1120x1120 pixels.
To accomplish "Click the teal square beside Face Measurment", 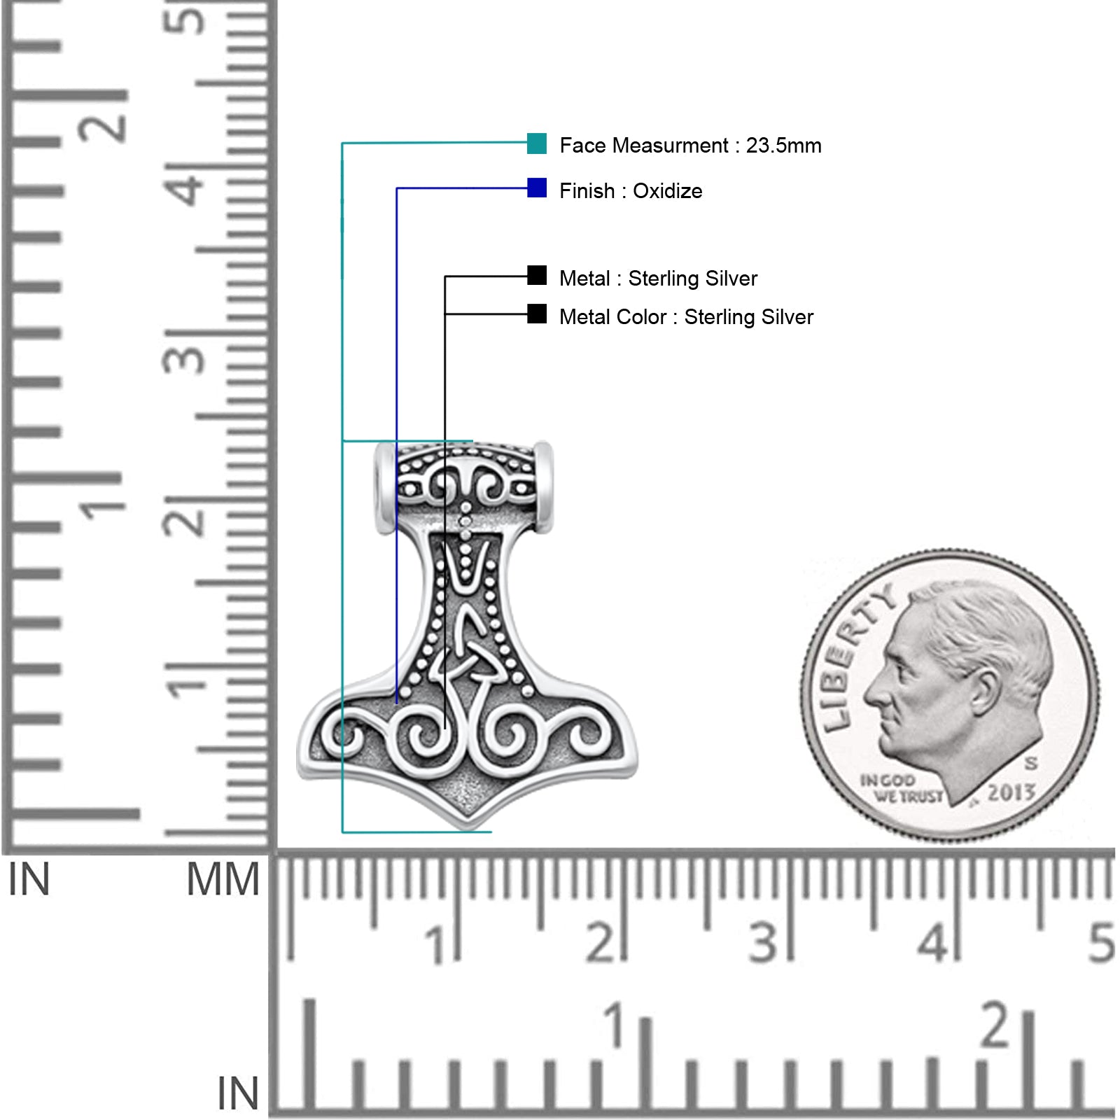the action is coord(537,143).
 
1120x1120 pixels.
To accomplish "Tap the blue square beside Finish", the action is coord(537,188).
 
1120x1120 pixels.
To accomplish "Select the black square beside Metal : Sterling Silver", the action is coord(537,276).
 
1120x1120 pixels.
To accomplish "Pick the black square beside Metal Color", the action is coord(537,314).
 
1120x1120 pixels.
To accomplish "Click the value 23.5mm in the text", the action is coord(783,146).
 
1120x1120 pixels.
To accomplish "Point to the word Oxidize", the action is coord(667,191).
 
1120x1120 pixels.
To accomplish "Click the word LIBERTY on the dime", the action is coord(855,658).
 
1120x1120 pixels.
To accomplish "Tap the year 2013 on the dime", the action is coord(1011,792).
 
